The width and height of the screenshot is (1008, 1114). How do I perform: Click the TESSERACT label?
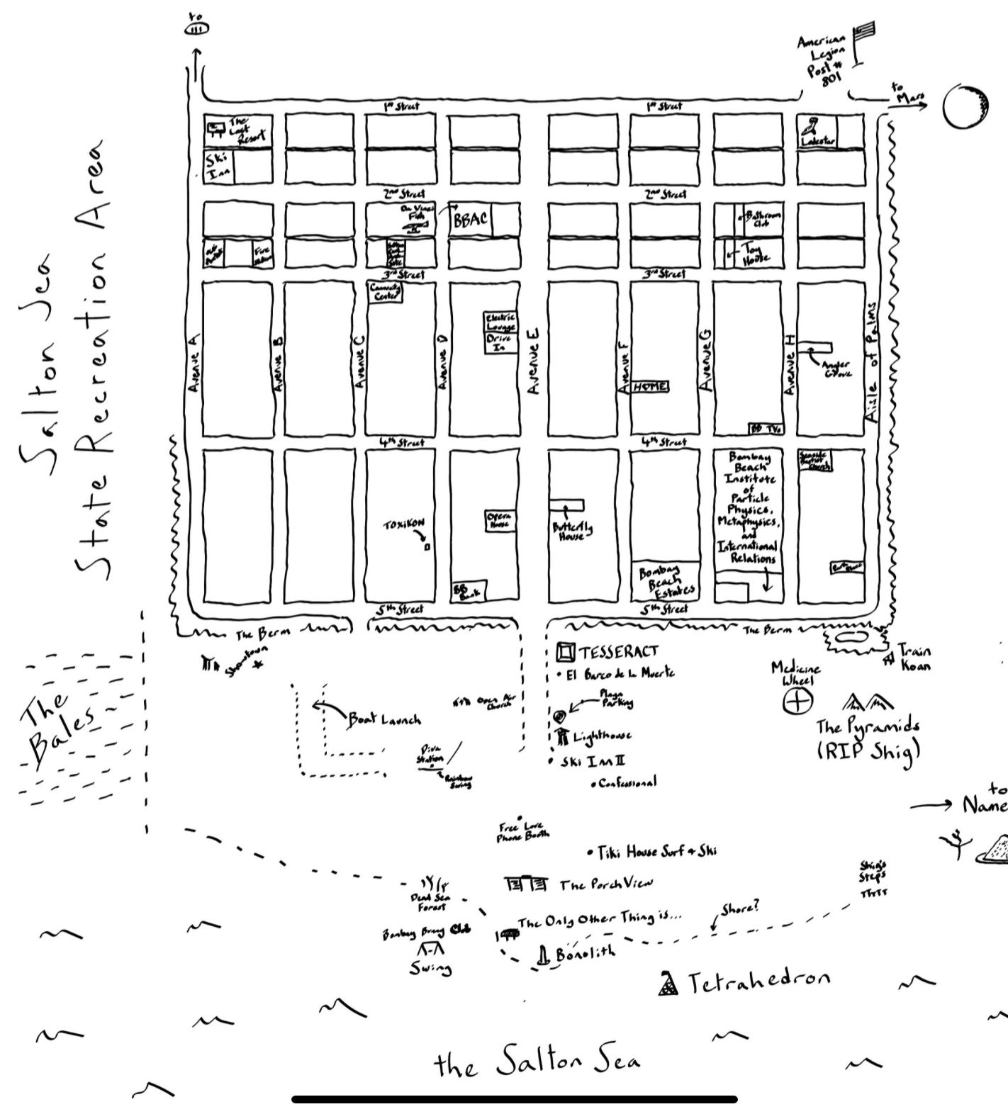pos(619,651)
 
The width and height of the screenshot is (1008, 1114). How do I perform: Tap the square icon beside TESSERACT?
pos(565,651)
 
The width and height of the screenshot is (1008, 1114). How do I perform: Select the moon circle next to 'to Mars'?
pos(965,107)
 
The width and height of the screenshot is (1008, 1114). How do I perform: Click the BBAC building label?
pos(471,220)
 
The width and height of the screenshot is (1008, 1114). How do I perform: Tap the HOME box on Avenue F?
pos(650,386)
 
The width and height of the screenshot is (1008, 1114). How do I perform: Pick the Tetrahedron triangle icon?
pos(668,984)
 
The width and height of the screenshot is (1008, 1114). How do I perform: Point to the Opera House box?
pos(500,520)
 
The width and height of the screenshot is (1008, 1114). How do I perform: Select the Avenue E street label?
pos(534,362)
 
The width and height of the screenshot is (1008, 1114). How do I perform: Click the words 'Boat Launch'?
pos(383,719)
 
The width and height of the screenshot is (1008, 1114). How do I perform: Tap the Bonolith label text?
pos(586,953)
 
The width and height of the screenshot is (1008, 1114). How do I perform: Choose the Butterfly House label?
pos(572,531)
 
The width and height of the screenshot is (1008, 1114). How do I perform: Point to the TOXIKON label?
pos(404,525)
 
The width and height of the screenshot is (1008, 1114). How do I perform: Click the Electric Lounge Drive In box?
pos(500,332)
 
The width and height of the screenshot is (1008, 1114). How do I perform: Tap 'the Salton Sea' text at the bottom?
pos(537,1063)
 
